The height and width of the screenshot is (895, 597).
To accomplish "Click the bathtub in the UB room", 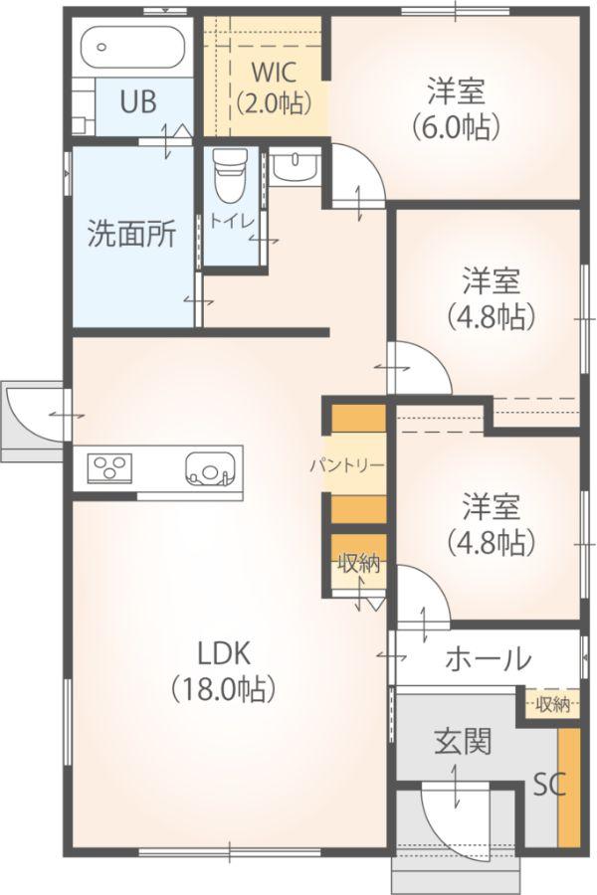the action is [x=133, y=48].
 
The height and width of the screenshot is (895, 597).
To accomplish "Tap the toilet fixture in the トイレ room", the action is [x=230, y=175].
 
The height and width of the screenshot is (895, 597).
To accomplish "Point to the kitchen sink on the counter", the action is [x=210, y=469].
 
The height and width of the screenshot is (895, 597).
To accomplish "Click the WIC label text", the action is [x=275, y=73].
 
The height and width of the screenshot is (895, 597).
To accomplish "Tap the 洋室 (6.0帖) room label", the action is [x=456, y=109].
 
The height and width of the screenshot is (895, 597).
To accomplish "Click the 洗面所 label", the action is [x=132, y=234].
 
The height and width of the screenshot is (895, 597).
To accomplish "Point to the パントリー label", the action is [x=347, y=465].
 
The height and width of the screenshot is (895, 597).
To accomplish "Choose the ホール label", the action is [x=489, y=659].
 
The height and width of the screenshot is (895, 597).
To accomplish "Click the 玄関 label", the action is [x=463, y=742].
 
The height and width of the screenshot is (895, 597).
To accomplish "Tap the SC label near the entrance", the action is [x=549, y=785].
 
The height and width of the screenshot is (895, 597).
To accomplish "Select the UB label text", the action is [x=138, y=102].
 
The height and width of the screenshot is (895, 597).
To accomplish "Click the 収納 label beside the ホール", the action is [x=553, y=704].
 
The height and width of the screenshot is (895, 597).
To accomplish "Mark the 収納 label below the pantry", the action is [x=359, y=564].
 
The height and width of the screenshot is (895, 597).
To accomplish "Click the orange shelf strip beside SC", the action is [x=568, y=788].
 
